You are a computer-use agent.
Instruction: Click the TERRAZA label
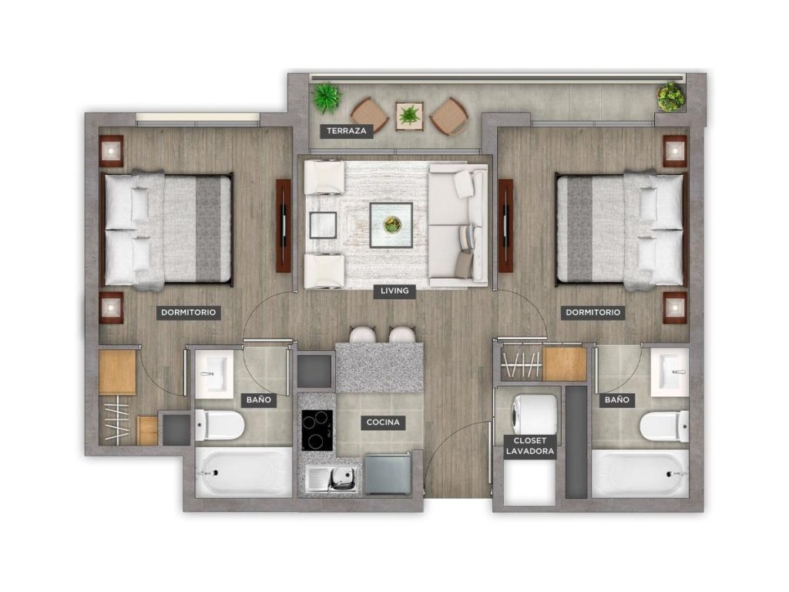click(347, 131)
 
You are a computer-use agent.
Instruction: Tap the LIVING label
click(394, 291)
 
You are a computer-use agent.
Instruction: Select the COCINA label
click(383, 422)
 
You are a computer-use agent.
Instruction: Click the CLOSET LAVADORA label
click(530, 446)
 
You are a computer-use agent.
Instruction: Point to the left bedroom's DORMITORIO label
click(188, 312)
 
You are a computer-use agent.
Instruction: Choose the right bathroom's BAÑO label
click(617, 400)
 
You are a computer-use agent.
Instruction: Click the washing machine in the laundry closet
click(535, 414)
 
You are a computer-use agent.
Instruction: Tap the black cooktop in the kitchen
click(317, 430)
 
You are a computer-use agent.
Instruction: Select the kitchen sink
click(333, 478)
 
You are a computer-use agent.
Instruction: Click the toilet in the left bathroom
click(220, 425)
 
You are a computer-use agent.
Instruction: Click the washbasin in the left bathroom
click(214, 371)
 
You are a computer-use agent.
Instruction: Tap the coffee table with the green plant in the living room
click(391, 225)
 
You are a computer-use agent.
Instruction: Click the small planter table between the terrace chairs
click(409, 116)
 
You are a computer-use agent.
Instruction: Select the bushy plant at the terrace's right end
click(671, 96)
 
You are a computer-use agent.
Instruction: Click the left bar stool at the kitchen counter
click(363, 335)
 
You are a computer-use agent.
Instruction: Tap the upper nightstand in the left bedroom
click(111, 150)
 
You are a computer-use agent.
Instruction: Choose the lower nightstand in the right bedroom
click(675, 308)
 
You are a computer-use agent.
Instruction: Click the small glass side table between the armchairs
click(323, 225)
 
